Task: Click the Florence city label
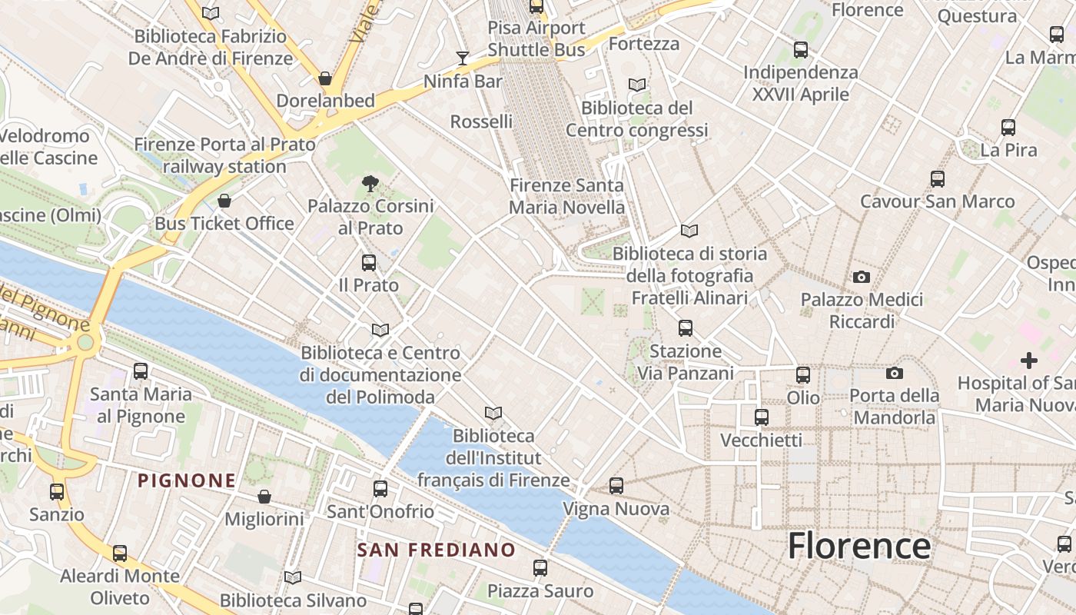point(859,546)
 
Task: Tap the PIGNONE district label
point(187,481)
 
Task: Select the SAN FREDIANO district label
point(437,550)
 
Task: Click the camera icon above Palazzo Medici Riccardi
point(862,277)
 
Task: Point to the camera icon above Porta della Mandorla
point(895,374)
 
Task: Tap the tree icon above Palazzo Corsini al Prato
point(370,183)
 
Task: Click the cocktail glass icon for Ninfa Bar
point(463,58)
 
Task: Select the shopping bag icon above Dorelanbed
point(325,78)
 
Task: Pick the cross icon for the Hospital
point(1028,360)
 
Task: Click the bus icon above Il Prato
point(369,263)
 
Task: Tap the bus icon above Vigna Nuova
point(616,486)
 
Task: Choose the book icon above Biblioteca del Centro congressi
point(636,85)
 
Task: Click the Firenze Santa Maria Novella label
point(567,196)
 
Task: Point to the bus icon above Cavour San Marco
point(938,179)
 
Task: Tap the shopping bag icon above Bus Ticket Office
point(224,201)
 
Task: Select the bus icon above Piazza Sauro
point(540,568)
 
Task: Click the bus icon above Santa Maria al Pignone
point(141,371)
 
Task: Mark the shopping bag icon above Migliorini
point(264,497)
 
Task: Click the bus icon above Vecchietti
point(762,417)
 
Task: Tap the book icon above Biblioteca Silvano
point(293,577)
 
